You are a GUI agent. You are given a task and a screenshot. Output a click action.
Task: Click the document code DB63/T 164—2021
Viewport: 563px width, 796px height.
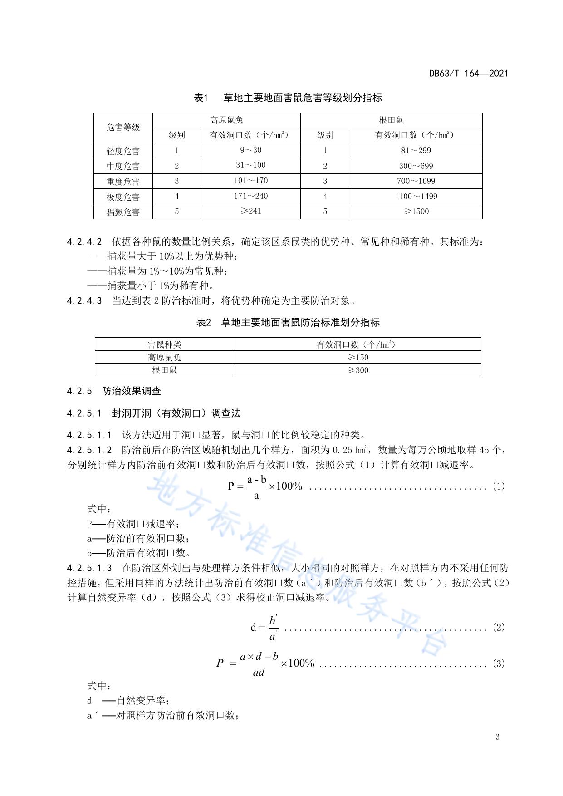[469, 73]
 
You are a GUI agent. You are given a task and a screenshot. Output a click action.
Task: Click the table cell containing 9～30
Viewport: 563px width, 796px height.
[250, 150]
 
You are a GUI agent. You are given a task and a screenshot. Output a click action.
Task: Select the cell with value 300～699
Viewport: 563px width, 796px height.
[416, 166]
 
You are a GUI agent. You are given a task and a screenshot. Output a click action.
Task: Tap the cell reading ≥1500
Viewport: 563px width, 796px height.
[416, 211]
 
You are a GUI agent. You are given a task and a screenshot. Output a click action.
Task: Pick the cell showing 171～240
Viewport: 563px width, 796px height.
[250, 196]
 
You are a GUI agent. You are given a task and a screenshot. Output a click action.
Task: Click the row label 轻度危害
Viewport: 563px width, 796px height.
[123, 151]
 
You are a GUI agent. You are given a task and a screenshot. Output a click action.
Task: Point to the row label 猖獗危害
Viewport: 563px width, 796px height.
[123, 212]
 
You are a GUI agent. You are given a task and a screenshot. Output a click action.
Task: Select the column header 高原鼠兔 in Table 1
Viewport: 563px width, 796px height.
[226, 120]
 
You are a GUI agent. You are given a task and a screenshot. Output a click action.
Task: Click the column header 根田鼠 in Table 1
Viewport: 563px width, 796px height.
[391, 120]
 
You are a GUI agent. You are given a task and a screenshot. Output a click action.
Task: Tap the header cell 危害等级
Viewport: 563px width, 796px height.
[123, 128]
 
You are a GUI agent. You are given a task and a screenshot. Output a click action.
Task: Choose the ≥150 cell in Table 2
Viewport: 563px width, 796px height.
[357, 357]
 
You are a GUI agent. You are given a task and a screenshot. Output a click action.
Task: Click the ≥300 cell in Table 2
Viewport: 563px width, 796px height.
[357, 370]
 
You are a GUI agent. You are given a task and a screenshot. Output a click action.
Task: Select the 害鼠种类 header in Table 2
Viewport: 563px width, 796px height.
[164, 344]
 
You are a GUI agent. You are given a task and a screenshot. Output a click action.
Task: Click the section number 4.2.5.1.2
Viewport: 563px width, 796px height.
[89, 450]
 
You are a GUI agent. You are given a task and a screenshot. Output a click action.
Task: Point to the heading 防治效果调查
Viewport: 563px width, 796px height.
[132, 391]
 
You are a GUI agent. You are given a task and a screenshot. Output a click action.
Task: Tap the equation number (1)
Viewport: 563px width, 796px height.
[498, 486]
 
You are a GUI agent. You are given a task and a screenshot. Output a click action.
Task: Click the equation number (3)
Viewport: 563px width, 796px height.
[498, 663]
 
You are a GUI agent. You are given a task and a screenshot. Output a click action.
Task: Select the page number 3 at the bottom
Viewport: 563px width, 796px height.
[497, 737]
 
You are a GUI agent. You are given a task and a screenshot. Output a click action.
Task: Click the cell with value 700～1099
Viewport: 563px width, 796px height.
[416, 181]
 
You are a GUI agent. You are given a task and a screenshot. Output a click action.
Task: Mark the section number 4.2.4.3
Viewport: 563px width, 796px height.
[84, 300]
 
